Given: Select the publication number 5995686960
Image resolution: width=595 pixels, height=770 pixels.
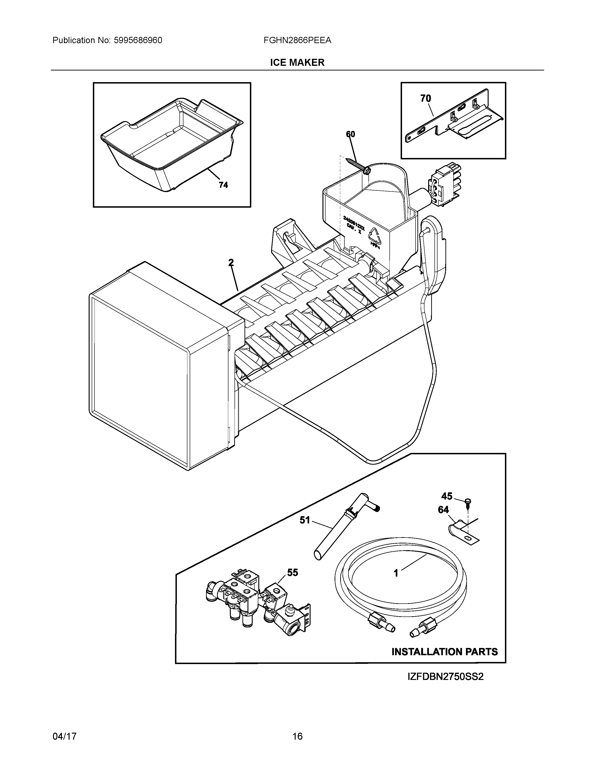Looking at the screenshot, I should click(138, 41).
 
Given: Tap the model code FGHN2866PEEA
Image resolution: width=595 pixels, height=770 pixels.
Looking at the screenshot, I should click(297, 41).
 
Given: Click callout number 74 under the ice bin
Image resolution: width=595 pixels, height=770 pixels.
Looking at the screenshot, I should click(223, 185).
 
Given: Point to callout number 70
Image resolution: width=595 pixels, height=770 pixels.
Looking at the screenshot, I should click(425, 99).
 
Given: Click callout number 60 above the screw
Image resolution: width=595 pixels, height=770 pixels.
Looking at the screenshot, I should click(350, 134).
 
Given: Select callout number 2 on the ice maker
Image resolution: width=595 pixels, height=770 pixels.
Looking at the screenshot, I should click(231, 263).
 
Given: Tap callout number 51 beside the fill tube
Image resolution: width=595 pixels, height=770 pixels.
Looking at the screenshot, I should click(304, 520).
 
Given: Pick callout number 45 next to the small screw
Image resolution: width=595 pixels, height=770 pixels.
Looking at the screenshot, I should click(447, 496).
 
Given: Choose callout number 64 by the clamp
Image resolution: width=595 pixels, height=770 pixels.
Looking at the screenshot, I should click(443, 510).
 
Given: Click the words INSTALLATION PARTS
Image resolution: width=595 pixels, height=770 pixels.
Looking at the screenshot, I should click(444, 652).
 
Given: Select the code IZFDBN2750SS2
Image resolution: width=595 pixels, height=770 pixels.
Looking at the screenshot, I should click(445, 677).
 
